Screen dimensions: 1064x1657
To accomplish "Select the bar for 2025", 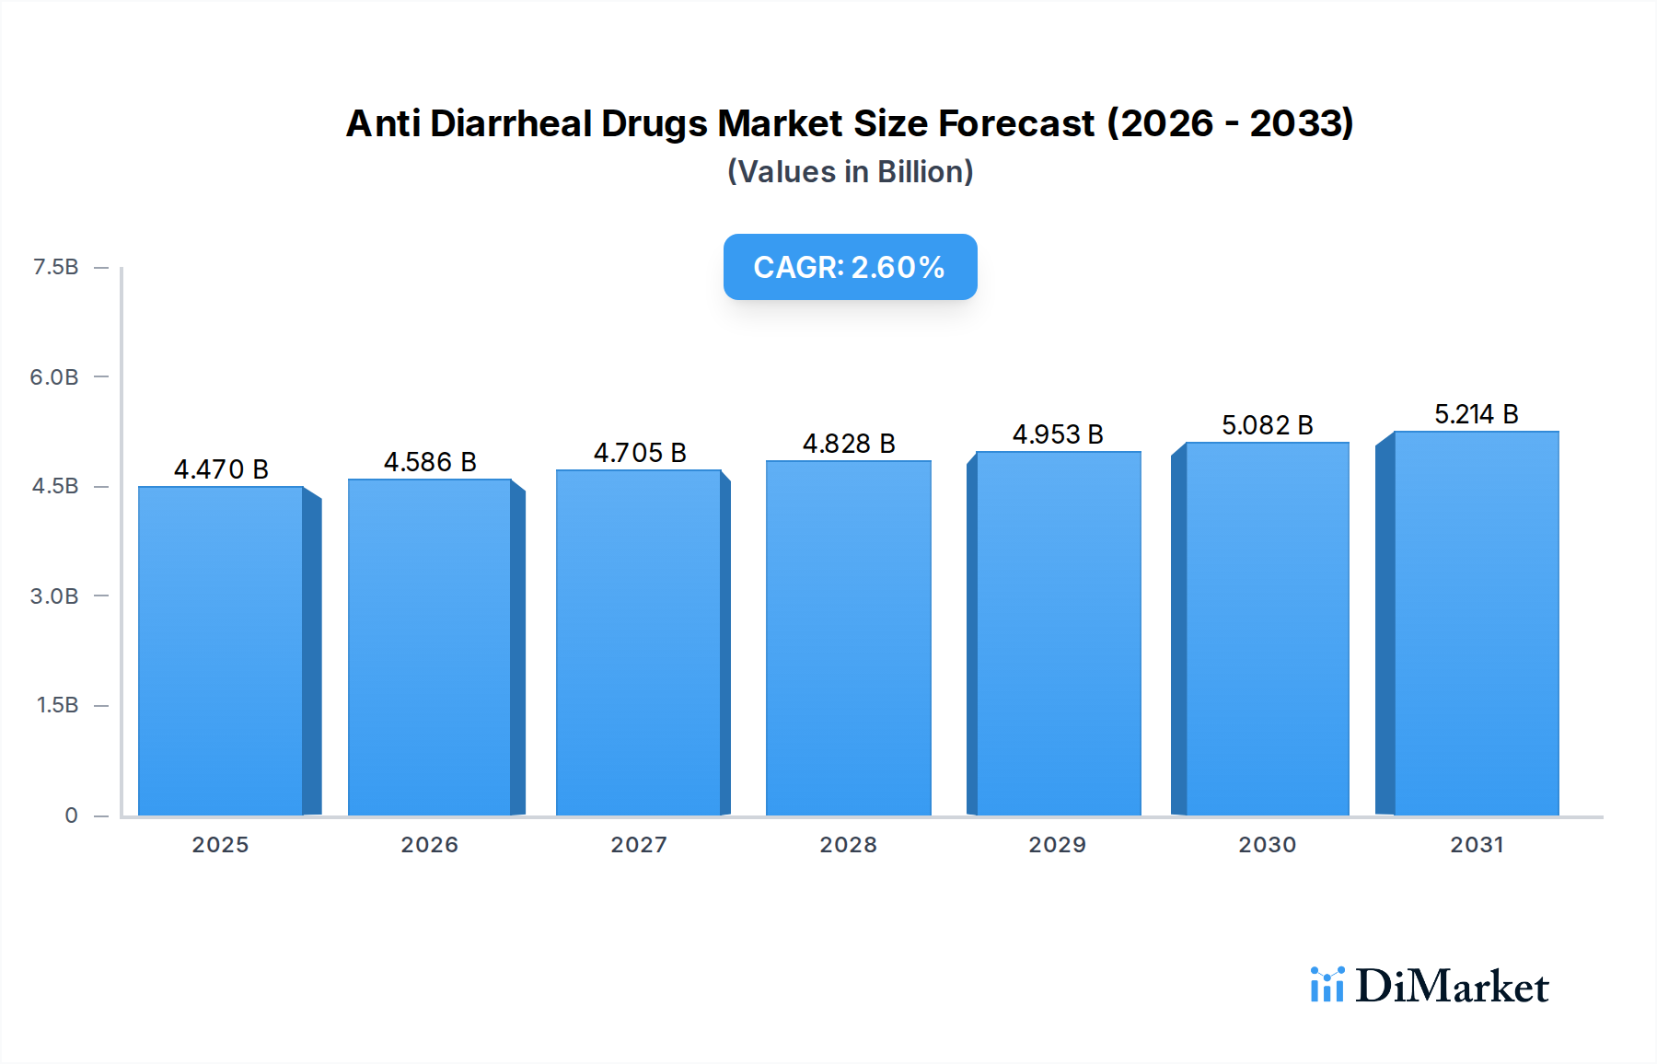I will click(221, 651).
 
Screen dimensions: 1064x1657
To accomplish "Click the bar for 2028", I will click(848, 638).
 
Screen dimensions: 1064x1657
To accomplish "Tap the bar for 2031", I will click(1476, 623).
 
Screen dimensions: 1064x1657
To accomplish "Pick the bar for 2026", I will click(430, 647).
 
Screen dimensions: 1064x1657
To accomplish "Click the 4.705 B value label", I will click(640, 453).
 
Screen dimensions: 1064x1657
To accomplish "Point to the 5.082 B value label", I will click(1267, 425).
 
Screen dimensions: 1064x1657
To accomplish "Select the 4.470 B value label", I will click(221, 469).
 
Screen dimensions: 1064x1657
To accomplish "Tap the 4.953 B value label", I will click(1058, 434).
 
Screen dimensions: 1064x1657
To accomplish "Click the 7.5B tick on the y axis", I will click(55, 267).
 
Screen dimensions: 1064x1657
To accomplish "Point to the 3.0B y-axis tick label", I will click(54, 596).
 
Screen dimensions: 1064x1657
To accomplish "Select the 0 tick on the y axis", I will click(71, 815).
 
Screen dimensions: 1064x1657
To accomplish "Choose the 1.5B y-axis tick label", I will click(57, 705).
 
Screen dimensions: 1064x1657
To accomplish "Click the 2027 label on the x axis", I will click(639, 844).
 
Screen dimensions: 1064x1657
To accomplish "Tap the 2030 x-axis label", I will click(1267, 844).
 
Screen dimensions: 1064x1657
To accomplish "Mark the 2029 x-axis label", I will click(1058, 844).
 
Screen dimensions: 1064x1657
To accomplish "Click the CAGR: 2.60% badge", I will click(850, 267).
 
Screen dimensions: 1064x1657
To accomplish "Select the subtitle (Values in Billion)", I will click(850, 172).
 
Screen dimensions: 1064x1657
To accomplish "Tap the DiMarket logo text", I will click(1452, 986).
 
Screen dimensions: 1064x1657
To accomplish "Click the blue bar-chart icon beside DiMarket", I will click(1327, 984).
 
